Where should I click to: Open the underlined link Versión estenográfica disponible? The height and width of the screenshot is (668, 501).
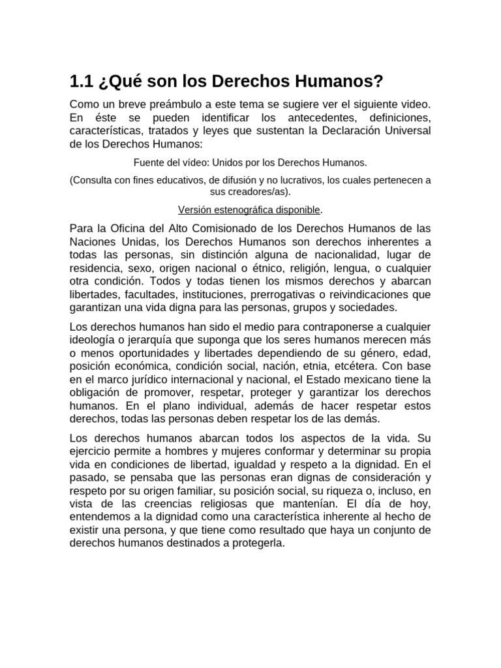(250, 209)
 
